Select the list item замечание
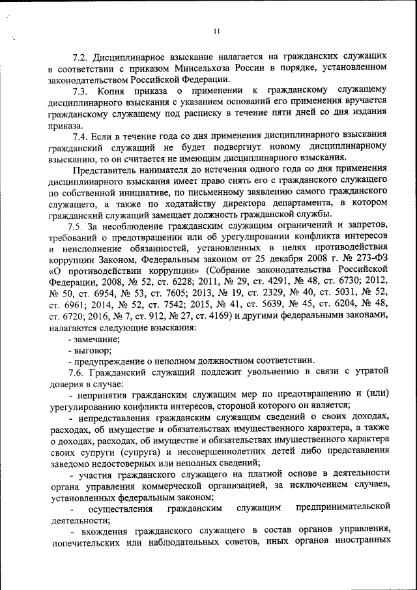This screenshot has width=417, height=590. tap(96, 338)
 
